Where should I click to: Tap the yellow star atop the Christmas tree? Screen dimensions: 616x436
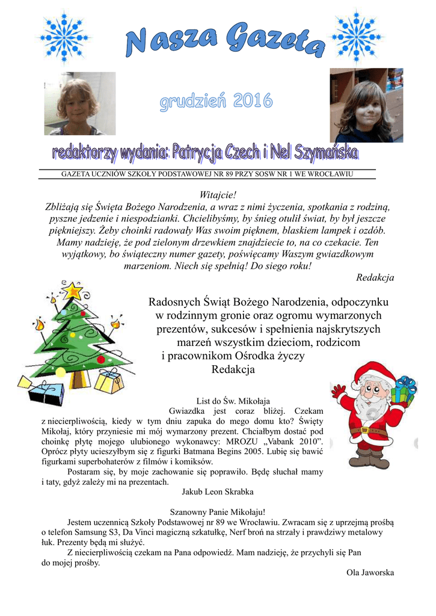click(x=72, y=291)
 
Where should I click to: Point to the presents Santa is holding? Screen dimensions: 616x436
click(x=404, y=391)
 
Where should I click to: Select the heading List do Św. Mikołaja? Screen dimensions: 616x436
click(x=233, y=401)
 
